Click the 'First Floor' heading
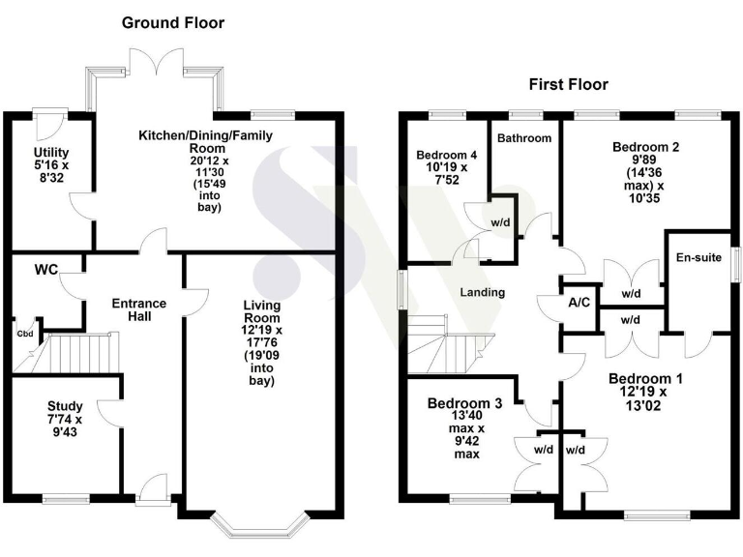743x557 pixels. click(x=568, y=84)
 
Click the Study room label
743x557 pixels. click(x=65, y=413)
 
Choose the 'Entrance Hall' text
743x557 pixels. click(x=139, y=310)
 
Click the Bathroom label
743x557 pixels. click(x=524, y=138)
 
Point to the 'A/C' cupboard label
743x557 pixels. click(x=580, y=303)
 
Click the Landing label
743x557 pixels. click(x=482, y=292)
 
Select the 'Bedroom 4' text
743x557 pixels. click(x=446, y=155)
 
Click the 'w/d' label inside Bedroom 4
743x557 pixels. click(x=500, y=221)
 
